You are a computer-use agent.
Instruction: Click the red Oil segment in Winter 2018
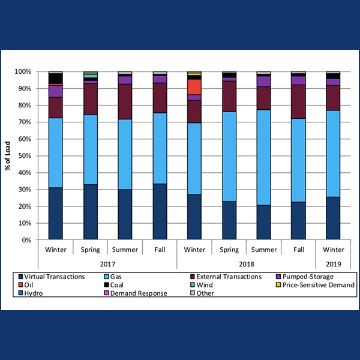194,87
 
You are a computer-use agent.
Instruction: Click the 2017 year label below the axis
108,263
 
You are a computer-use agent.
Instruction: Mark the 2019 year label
333,263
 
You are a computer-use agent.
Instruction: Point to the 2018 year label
246,263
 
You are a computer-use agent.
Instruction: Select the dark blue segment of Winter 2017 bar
56,214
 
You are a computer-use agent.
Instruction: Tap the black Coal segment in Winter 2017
56,79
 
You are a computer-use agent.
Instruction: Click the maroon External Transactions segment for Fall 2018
298,101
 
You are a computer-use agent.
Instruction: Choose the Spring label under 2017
91,248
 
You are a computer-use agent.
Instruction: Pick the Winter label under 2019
333,248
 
